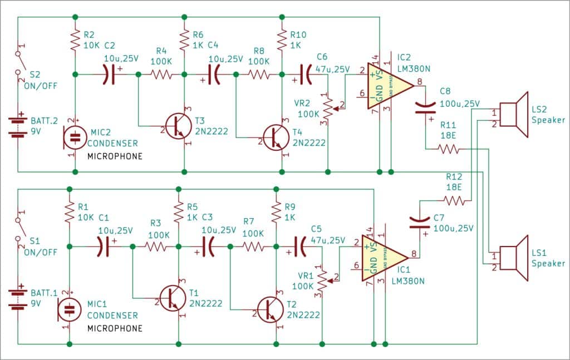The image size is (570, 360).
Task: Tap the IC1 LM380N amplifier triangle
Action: (384, 257)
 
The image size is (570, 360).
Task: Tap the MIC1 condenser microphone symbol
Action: (68, 309)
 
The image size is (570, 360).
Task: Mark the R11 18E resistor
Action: (449, 149)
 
